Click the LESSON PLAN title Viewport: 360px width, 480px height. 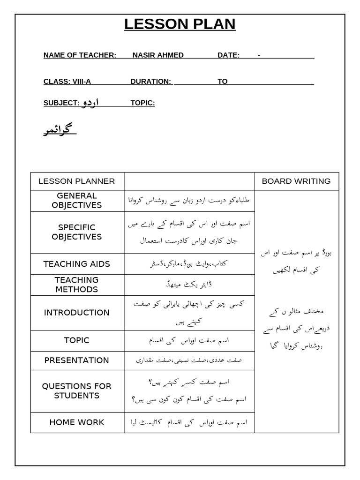tap(180, 24)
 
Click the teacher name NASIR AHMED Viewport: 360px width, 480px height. tap(158, 55)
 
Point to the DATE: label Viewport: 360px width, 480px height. tap(228, 55)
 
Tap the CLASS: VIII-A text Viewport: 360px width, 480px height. tap(67, 82)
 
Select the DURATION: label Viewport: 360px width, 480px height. tap(150, 82)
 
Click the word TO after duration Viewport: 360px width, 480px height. tap(222, 82)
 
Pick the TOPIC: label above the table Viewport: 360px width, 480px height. tap(142, 103)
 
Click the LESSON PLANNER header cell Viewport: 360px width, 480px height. tap(76, 181)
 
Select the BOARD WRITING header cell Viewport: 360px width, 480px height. tap(296, 181)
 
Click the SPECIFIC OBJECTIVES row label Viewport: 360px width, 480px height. tap(76, 232)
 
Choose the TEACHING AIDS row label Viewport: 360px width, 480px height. tap(76, 264)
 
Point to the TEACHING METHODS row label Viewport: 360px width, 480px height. tap(76, 285)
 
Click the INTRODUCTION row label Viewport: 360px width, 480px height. tap(76, 313)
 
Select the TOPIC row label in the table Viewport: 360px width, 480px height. tap(76, 340)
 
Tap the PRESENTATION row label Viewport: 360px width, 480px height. tap(76, 360)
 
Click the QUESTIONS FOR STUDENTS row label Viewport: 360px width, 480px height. tap(76, 391)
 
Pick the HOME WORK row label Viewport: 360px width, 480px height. tap(76, 422)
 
